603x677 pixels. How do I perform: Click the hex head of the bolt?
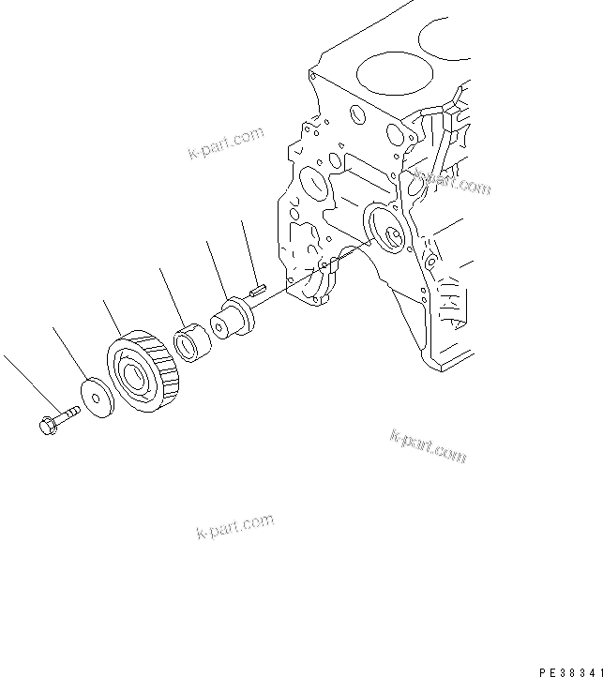tap(47, 425)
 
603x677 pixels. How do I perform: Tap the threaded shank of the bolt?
tap(67, 414)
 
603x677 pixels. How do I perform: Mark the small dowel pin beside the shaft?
tap(261, 291)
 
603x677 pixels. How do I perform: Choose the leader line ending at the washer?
tap(70, 353)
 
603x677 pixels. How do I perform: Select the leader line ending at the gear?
tap(113, 320)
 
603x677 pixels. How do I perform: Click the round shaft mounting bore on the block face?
tap(386, 230)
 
